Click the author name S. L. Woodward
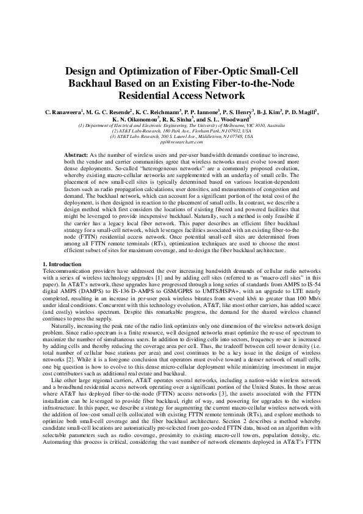pos(217,120)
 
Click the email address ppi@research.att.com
pos(181,142)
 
